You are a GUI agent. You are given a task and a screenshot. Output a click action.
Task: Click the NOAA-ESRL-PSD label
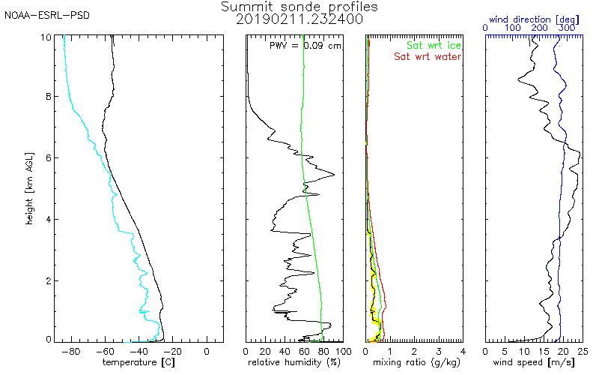tap(47, 14)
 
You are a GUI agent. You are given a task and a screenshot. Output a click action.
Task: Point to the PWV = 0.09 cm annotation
tap(305, 46)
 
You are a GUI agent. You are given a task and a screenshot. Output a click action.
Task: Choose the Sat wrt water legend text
tap(428, 56)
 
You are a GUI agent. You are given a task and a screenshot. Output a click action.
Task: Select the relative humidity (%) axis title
tap(294, 361)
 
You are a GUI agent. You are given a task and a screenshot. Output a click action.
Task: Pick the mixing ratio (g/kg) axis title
tap(414, 361)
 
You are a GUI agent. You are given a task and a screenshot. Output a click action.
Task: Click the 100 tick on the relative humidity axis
tap(343, 350)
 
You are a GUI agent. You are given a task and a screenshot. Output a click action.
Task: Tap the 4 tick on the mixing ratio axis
tap(463, 350)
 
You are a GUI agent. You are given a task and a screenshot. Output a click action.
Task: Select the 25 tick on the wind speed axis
tap(583, 350)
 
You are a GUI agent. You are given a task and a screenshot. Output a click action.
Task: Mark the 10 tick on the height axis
tap(46, 37)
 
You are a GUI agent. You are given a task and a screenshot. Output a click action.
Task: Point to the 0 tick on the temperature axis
tap(207, 350)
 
